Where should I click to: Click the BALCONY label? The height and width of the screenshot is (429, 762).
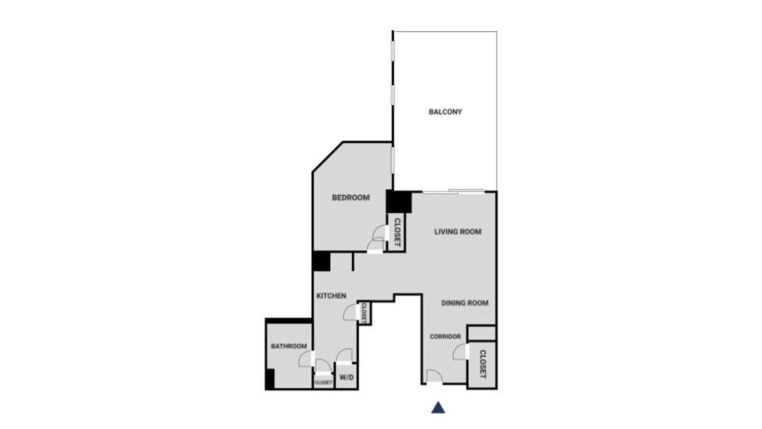pos(445,112)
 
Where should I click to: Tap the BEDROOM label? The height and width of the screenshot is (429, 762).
pos(351,198)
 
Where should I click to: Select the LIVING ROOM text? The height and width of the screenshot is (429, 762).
pos(458,232)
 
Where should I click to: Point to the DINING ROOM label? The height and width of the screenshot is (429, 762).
pos(465,303)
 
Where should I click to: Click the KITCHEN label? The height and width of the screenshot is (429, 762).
pos(331,296)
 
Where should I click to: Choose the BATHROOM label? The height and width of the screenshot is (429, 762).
pos(289,346)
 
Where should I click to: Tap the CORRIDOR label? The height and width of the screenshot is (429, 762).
pos(445,337)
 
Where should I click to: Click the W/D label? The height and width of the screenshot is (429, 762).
pos(347,378)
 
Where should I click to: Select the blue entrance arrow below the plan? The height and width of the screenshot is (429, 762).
pos(438,407)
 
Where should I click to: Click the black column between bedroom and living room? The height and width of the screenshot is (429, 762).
pos(399,202)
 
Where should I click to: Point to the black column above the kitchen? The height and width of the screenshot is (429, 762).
pos(321,261)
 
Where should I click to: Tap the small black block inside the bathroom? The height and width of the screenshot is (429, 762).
pos(270,379)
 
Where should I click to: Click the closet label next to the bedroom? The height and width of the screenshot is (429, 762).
pos(397,233)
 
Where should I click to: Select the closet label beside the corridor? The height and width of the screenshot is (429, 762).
pos(483,364)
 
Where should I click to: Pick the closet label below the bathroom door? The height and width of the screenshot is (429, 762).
pos(323,383)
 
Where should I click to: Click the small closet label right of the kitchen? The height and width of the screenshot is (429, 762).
pos(364,313)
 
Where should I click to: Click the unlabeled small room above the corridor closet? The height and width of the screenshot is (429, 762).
pos(481,333)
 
